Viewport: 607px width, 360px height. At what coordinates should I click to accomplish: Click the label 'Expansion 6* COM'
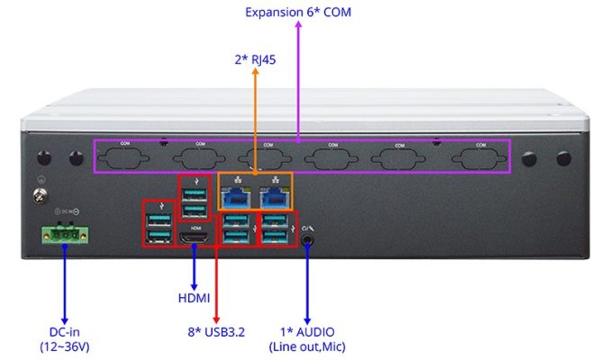coord(298,12)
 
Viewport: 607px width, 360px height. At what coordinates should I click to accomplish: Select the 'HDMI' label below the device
coord(195,297)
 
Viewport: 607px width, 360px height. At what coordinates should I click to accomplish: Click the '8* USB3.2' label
coord(217,332)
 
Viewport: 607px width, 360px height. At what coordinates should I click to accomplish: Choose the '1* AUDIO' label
coord(308,332)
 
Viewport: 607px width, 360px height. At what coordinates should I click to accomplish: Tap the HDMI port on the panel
coord(195,238)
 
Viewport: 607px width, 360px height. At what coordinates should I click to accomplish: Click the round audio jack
coord(310,238)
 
